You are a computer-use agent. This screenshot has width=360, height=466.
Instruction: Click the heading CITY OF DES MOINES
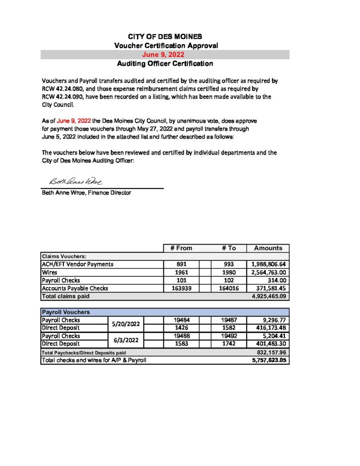(165, 36)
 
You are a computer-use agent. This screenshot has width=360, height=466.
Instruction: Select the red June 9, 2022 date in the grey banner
(165, 55)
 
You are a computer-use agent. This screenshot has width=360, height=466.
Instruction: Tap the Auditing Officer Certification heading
(165, 64)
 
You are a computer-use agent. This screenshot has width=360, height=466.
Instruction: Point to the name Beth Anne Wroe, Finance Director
(86, 192)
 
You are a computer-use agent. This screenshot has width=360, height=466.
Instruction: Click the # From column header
(181, 248)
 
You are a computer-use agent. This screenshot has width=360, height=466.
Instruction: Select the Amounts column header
(268, 248)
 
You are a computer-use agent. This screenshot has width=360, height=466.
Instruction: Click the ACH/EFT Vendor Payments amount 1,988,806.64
(268, 264)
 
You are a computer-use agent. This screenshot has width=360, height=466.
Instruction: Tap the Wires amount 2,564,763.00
(268, 272)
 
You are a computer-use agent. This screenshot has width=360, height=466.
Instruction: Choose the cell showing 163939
(181, 289)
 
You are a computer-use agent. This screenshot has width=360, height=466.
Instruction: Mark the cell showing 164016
(229, 289)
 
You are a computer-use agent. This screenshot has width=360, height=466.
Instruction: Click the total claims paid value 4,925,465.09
(268, 296)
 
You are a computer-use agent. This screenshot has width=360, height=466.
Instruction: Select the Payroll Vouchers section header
(66, 312)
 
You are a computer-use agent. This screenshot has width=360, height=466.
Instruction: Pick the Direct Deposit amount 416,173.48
(268, 328)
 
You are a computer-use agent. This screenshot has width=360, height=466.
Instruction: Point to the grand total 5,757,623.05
(268, 360)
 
